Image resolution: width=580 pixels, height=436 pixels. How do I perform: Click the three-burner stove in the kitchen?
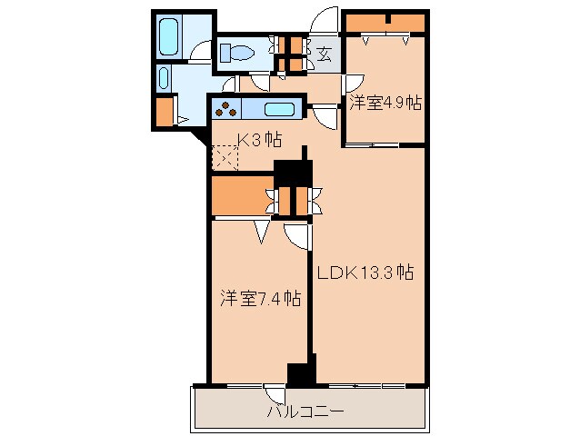pyautogui.click(x=226, y=111)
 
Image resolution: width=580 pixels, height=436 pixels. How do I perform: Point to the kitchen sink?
pyautogui.click(x=279, y=111)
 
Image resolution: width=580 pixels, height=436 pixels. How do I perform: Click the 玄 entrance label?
pyautogui.click(x=325, y=54)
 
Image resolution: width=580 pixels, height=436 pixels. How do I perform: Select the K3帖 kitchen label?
pyautogui.click(x=258, y=140)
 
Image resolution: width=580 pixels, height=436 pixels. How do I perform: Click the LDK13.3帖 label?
pyautogui.click(x=365, y=272)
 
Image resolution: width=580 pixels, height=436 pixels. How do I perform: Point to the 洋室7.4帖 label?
pyautogui.click(x=259, y=298)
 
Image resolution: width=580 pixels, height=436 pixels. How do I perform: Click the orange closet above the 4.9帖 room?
pyautogui.click(x=385, y=22)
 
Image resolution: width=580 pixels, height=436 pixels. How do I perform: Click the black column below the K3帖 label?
pyautogui.click(x=293, y=173)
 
